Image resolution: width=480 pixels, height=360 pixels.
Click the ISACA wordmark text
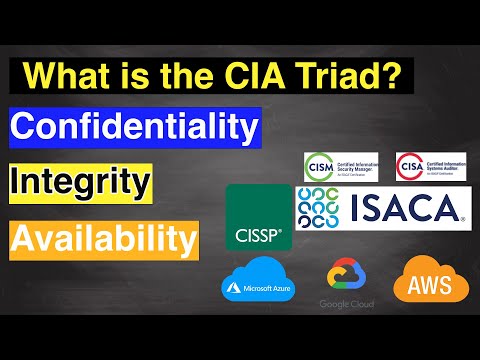click(407, 208)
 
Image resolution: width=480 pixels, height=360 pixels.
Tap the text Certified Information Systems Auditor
click(445, 165)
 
